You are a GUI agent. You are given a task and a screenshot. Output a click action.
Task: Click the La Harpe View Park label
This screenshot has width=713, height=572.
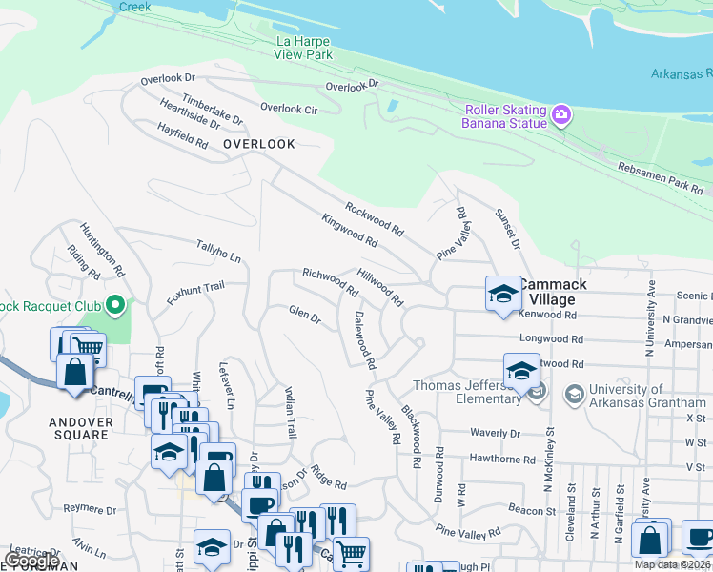[x=305, y=49]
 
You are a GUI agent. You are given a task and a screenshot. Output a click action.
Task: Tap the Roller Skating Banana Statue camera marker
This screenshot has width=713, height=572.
[x=561, y=116]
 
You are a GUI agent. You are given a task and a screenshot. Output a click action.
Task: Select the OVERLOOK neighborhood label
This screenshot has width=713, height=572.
[x=258, y=144]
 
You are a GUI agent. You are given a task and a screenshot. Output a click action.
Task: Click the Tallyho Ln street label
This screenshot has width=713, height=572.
[x=218, y=251]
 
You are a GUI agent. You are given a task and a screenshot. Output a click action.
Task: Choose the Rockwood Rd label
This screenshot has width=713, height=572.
[x=375, y=218]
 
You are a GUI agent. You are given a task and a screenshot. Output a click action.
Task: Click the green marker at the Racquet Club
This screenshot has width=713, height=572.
[x=116, y=306]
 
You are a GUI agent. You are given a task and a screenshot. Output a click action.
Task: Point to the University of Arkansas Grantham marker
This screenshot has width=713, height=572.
[x=574, y=393]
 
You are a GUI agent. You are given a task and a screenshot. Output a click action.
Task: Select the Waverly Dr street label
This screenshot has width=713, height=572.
[x=495, y=433]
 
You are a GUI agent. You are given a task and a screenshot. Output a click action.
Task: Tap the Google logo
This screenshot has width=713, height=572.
[x=31, y=560]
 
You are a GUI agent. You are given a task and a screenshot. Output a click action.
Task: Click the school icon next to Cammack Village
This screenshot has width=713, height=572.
[x=502, y=294]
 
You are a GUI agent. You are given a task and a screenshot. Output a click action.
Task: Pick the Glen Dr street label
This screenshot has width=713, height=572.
[x=305, y=315]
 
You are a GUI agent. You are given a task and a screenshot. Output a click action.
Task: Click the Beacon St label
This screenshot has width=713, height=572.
[x=531, y=511]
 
